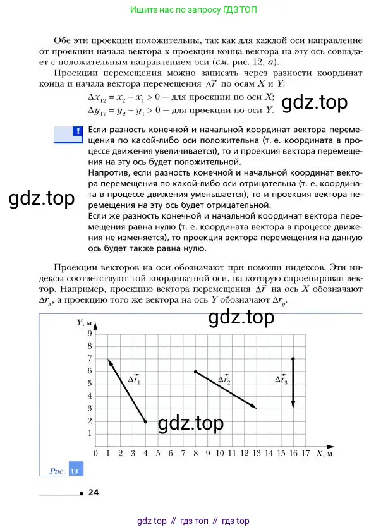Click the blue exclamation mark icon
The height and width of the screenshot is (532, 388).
click(x=78, y=132)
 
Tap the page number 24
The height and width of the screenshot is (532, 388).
click(x=94, y=493)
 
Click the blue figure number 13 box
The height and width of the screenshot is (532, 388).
click(x=75, y=471)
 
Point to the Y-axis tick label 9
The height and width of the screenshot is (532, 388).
click(x=90, y=334)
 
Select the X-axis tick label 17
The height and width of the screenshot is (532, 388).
click(x=305, y=454)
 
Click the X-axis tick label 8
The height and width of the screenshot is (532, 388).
click(x=195, y=454)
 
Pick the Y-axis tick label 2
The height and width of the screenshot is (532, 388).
click(x=90, y=421)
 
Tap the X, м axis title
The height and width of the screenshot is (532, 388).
click(x=324, y=453)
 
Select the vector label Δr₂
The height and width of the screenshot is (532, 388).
click(x=224, y=380)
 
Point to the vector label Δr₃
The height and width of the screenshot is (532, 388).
click(x=281, y=380)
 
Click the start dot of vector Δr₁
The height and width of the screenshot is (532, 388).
click(x=145, y=421)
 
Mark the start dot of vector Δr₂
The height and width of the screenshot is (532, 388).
click(x=195, y=372)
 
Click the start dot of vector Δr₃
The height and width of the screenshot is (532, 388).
click(x=293, y=359)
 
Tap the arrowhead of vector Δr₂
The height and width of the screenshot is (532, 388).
click(x=255, y=407)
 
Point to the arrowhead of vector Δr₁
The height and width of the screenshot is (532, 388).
click(x=109, y=361)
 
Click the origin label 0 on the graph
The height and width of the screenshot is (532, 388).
click(x=95, y=454)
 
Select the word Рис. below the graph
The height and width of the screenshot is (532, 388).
click(x=58, y=471)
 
